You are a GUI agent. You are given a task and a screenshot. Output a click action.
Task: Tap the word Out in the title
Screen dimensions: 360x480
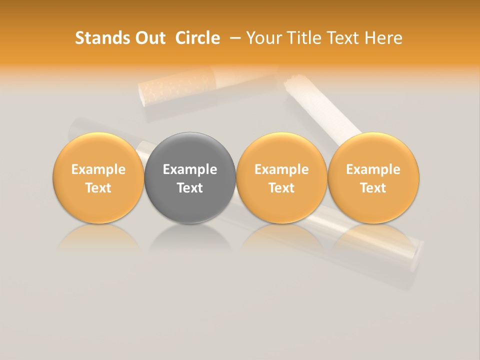pos(149,38)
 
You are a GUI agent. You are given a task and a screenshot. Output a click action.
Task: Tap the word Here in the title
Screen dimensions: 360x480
pos(384,38)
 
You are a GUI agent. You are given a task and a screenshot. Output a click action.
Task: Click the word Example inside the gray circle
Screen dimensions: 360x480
pos(190,169)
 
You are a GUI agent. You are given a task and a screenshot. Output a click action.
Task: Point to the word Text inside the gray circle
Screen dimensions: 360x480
pos(190,188)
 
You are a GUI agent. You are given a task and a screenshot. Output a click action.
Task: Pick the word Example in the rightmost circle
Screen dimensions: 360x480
pos(373,169)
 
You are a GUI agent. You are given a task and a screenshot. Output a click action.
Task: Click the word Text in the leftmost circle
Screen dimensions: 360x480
pos(98,188)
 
